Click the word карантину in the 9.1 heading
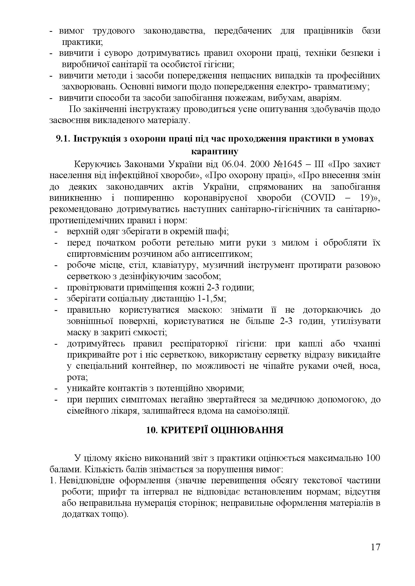pos(215,152)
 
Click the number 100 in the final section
pos(373,458)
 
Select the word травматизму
pos(341,87)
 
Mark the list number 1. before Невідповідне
pos(53,481)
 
